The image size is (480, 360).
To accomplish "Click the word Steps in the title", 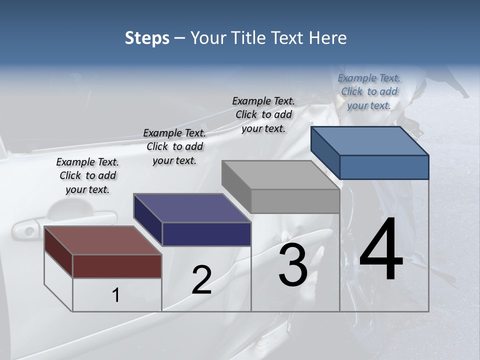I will tap(147, 38).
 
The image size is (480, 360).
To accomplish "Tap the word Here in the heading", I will tap(327, 38).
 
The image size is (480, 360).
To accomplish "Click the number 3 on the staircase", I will tap(293, 265).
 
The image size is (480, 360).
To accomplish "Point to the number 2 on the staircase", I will tap(201, 280).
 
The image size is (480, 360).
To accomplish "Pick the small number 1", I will tap(116, 295).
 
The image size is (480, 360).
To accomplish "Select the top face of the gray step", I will tap(280, 175).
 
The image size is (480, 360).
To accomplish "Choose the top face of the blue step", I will tap(369, 141).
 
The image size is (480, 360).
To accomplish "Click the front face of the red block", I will tap(117, 266).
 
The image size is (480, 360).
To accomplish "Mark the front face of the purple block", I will tap(206, 234).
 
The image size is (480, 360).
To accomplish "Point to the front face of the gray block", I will tap(295, 201).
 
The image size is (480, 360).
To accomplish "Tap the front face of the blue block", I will tap(384, 167).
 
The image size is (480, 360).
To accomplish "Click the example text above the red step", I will tap(87, 175).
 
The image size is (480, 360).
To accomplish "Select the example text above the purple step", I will tap(174, 146).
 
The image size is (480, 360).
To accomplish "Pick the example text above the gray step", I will tap(263, 114).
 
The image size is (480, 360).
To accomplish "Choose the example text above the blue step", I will tap(369, 91).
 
